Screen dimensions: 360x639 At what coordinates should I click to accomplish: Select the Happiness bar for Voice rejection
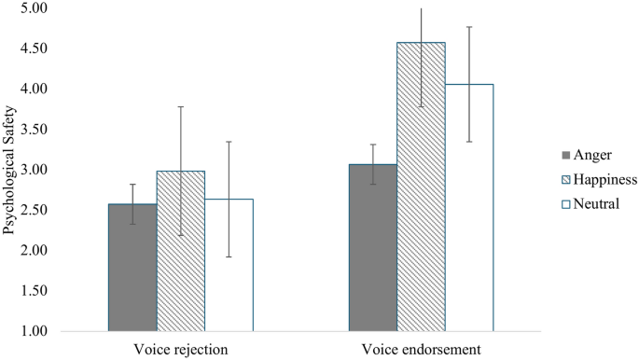(x=181, y=251)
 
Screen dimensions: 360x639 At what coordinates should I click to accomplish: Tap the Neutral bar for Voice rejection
(x=229, y=265)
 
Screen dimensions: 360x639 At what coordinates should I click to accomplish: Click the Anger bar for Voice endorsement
(x=373, y=247)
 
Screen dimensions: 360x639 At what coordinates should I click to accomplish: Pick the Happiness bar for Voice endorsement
(x=421, y=187)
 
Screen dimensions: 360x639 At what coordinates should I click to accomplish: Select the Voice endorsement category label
(x=421, y=350)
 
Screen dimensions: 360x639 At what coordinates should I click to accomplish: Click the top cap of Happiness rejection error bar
(x=181, y=107)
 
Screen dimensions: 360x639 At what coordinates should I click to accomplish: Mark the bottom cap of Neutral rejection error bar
(x=229, y=256)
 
